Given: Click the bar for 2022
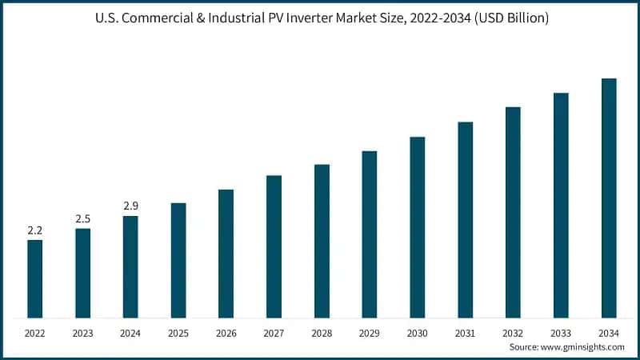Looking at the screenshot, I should point(34,278).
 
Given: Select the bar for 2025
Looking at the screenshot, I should point(178,260).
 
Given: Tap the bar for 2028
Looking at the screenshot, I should point(322,241).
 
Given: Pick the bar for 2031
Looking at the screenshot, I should point(465,219).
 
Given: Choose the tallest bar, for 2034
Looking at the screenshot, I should point(609,198).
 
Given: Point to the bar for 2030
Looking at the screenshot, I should point(418,227).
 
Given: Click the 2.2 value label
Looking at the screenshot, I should point(34,230).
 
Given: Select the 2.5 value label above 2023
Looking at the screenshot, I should point(82,219).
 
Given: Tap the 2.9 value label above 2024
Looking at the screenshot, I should point(130,206).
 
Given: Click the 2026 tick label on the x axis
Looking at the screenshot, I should point(226,331).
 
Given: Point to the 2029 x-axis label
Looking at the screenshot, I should point(370,331).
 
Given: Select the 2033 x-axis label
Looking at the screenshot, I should point(561,331).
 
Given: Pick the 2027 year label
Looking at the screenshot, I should point(274,331).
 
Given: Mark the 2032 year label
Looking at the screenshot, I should point(513,331).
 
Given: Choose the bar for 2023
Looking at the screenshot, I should point(82,273).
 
